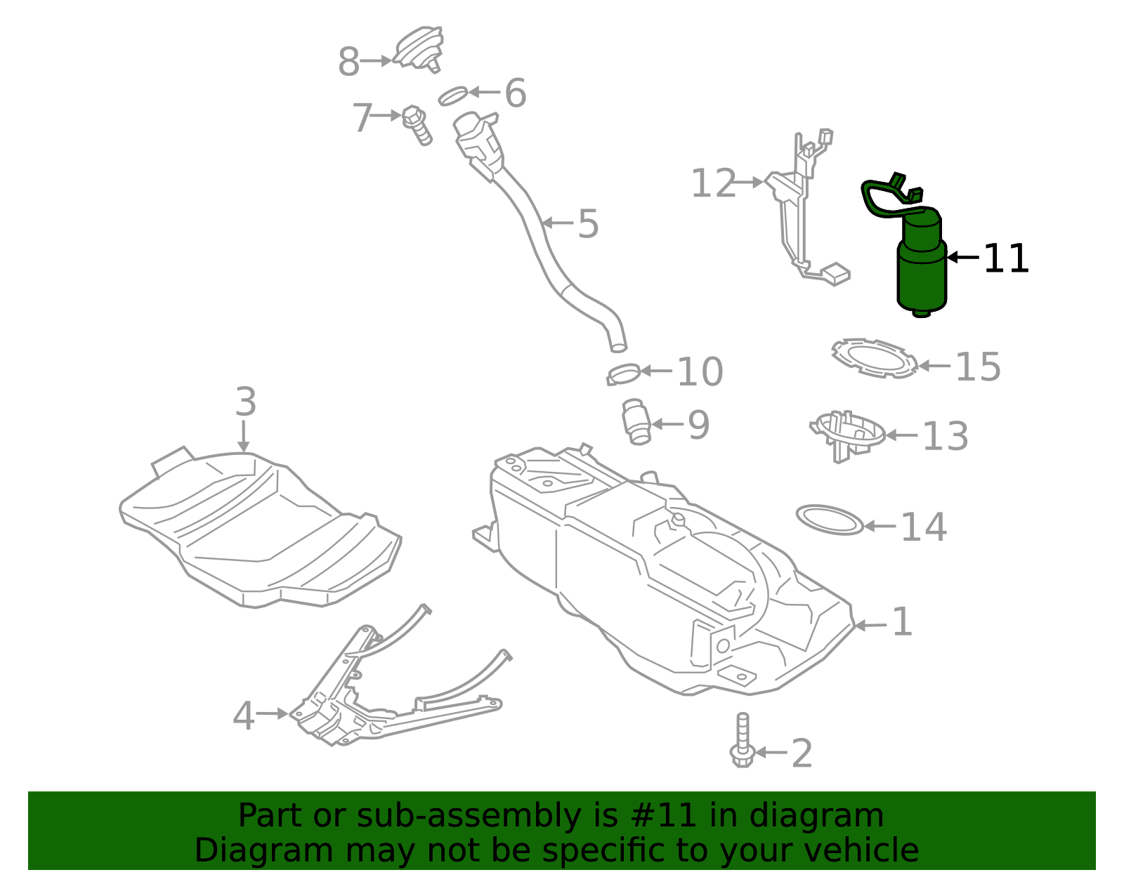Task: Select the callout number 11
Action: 1005,259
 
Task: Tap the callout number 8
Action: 348,62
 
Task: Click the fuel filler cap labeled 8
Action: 419,48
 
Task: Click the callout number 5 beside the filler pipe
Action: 588,224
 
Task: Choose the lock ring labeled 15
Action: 875,358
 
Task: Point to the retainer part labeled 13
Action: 847,432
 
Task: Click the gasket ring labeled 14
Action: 830,520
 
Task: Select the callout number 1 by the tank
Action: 901,622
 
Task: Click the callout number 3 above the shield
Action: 245,402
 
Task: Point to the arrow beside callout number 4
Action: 271,713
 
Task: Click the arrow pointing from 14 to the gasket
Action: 880,525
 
